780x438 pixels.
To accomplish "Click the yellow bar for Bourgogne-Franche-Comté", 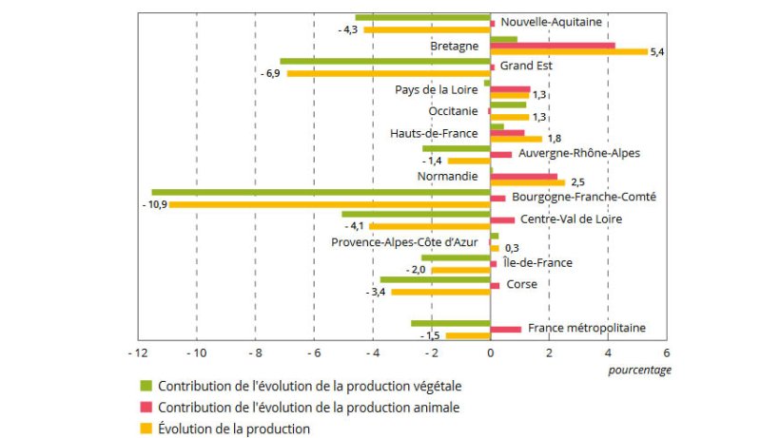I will [x=330, y=204].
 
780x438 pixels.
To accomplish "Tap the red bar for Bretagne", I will [x=552, y=45].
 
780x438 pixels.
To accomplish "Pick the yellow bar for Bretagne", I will [x=569, y=52].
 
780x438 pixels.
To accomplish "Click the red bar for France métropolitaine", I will [x=506, y=329].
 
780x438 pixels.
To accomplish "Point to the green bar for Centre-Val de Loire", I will [x=416, y=214].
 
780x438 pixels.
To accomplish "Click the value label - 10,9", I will [x=153, y=205].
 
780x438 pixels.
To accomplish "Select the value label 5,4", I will [x=656, y=52].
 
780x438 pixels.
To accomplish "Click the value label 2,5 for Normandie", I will [x=577, y=182].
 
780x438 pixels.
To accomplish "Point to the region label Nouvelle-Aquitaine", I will [x=551, y=22].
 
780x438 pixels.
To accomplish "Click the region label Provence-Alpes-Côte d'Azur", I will [x=404, y=241].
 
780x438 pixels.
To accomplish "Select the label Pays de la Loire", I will [x=437, y=89].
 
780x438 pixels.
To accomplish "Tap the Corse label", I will [x=521, y=284].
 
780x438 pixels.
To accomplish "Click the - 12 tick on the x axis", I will [x=139, y=353].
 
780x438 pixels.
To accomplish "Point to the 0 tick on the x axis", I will [x=490, y=353].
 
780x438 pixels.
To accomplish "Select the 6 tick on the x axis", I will [x=666, y=353].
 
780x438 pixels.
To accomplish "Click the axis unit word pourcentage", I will [x=639, y=370].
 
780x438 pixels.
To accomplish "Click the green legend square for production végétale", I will [x=146, y=386].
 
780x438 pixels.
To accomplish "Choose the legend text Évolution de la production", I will [x=234, y=428].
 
